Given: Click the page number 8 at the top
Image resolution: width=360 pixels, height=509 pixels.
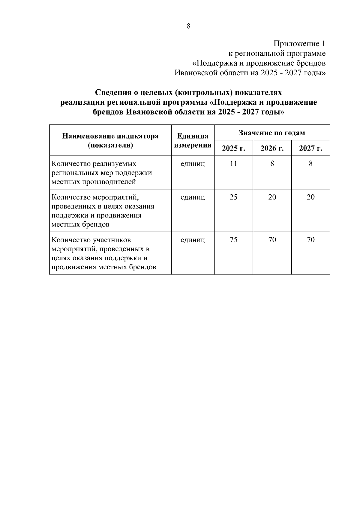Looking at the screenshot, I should pyautogui.click(x=188, y=26).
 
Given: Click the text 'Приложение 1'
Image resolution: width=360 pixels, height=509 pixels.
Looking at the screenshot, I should pyautogui.click(x=299, y=44).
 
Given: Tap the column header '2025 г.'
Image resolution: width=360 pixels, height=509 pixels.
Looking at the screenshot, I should pyautogui.click(x=233, y=148).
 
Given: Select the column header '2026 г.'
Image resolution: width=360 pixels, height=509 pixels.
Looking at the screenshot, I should pyautogui.click(x=272, y=148).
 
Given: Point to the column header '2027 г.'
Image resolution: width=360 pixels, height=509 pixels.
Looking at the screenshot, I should pyautogui.click(x=310, y=148).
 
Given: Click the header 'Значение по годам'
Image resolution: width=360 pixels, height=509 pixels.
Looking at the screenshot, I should pyautogui.click(x=272, y=133).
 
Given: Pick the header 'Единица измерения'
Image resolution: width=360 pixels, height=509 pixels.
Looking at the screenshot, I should pyautogui.click(x=193, y=141).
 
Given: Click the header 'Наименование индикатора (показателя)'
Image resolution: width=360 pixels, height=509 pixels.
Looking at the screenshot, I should pyautogui.click(x=110, y=141).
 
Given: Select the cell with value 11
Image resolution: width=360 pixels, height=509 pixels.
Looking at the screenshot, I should pyautogui.click(x=233, y=164).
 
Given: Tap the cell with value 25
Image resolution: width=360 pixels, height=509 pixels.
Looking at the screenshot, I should pyautogui.click(x=233, y=197).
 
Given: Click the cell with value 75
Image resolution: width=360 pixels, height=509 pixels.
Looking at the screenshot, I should pyautogui.click(x=233, y=240).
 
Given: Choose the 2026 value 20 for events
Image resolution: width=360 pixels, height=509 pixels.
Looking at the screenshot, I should pyautogui.click(x=272, y=197).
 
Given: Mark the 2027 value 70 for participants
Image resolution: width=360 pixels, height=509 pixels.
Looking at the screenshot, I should pyautogui.click(x=310, y=240).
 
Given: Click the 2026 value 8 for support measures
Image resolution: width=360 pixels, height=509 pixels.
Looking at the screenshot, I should pyautogui.click(x=272, y=164).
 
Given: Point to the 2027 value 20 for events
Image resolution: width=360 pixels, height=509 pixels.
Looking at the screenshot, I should pyautogui.click(x=310, y=197).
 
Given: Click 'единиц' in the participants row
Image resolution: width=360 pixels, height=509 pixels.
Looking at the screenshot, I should pyautogui.click(x=193, y=240).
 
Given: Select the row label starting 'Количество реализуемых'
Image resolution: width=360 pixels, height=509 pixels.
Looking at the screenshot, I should pyautogui.click(x=102, y=173).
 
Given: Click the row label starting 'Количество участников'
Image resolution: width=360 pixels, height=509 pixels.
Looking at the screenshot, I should pyautogui.click(x=104, y=253).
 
